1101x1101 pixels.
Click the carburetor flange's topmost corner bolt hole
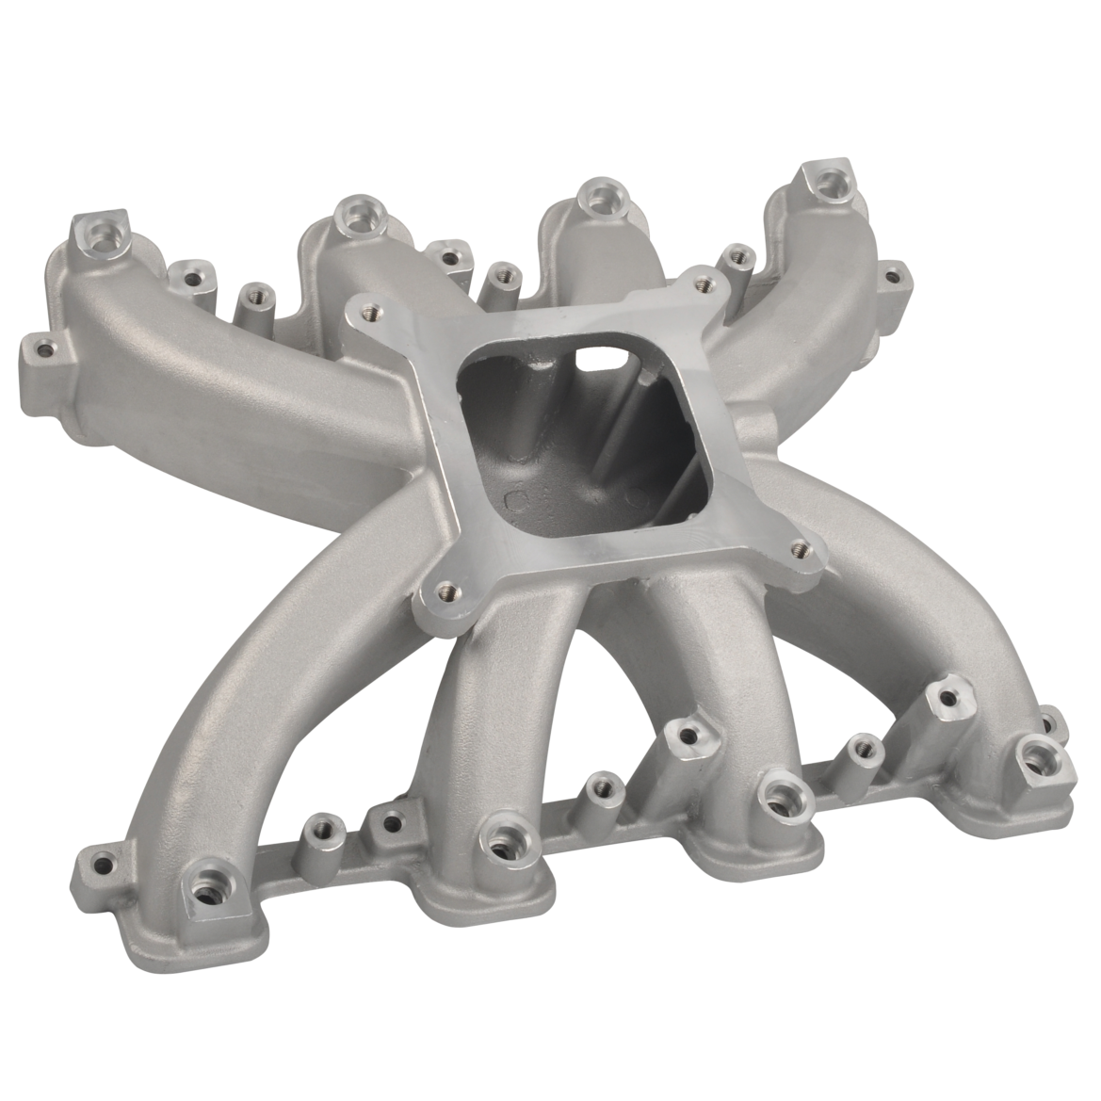[x=702, y=282]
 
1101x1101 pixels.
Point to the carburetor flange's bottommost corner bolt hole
[x=448, y=591]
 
